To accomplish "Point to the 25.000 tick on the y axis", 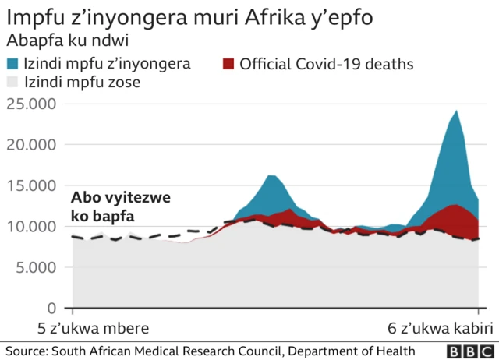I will point(31,104).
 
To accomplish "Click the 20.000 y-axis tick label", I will point(31,144).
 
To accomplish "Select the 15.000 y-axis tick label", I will point(31,185).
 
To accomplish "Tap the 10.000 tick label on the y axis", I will point(31,227).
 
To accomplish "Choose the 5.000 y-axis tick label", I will point(35,267).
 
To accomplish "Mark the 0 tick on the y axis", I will point(52,309).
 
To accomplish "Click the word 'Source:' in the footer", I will point(26,351).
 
